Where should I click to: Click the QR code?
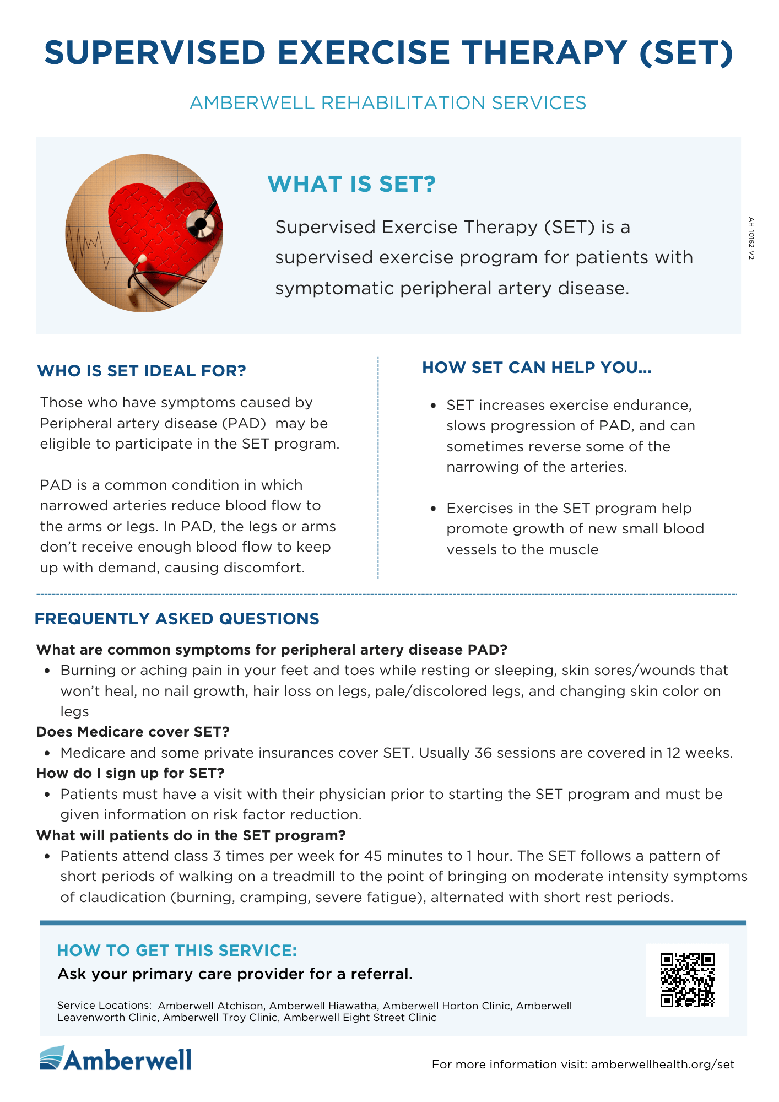tap(687, 980)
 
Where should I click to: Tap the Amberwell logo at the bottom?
tap(116, 1058)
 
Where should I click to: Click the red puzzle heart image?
tap(144, 233)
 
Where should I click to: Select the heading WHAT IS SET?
tap(351, 184)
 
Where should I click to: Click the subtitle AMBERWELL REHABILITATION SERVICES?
tap(388, 103)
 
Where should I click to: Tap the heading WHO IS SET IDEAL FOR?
tap(142, 371)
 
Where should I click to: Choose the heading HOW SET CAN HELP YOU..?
tap(537, 368)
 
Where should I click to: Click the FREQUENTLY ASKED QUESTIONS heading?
tap(177, 619)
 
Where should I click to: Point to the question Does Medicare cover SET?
tap(133, 732)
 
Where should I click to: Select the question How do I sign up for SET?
tap(131, 773)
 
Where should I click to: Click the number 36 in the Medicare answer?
tap(483, 753)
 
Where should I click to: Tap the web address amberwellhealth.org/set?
tap(663, 1064)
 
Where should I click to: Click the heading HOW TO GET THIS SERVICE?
tap(177, 950)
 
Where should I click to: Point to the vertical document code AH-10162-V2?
tap(751, 239)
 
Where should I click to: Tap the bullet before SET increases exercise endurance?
tap(434, 406)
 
